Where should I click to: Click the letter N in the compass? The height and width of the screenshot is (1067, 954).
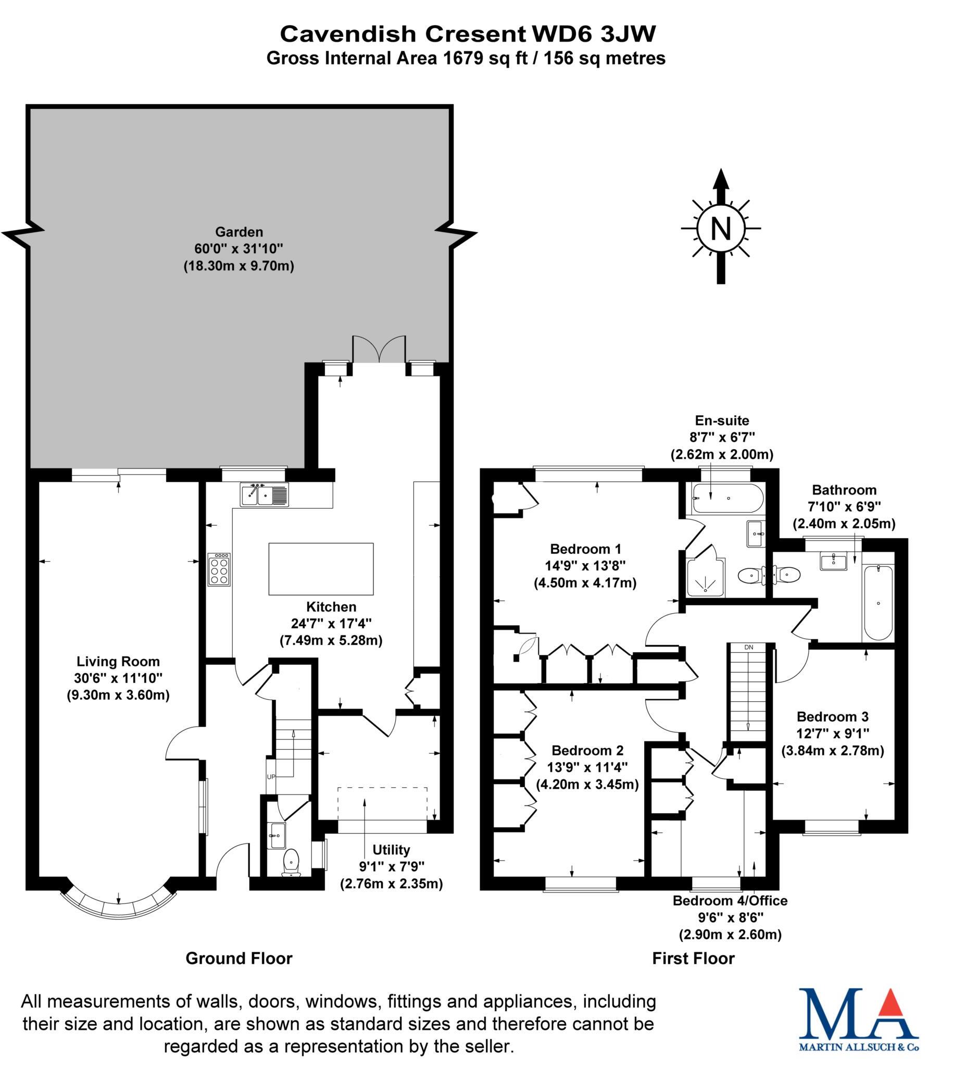[x=721, y=229]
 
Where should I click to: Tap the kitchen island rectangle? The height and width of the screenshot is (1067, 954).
[x=321, y=569]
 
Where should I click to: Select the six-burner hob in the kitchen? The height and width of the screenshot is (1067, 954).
[x=219, y=569]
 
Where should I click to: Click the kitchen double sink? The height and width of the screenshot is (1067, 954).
[x=264, y=494]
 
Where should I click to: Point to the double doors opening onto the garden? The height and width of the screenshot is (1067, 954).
[x=379, y=350]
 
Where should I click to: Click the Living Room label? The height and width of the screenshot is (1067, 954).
[x=118, y=661]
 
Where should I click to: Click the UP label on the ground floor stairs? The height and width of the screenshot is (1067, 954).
[x=271, y=776]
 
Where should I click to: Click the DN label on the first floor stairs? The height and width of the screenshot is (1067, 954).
[x=748, y=648]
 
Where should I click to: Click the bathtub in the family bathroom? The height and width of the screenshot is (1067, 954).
[x=878, y=603]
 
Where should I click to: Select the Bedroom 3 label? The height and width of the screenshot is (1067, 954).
[x=832, y=716]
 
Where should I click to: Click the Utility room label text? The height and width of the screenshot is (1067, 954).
[x=391, y=849]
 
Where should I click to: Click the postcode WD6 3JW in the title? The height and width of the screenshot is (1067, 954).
[x=593, y=34]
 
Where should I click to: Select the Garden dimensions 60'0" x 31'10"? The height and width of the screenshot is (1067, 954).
[x=238, y=249]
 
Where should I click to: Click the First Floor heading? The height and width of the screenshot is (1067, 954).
[x=693, y=959]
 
